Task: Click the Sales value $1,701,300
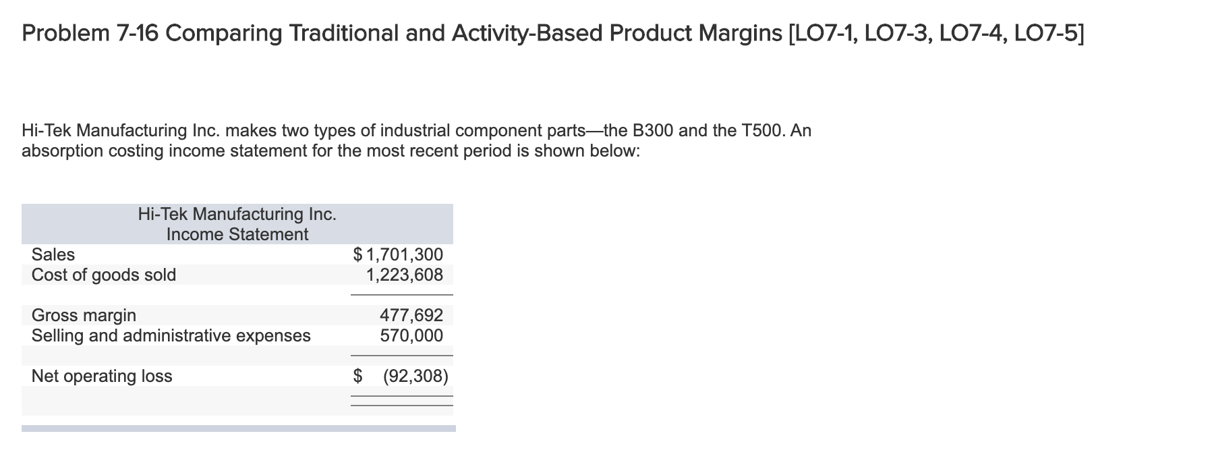(399, 254)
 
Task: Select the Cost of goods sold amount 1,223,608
(404, 275)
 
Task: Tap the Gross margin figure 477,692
(411, 315)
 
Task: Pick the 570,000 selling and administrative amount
(411, 335)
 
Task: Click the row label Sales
(53, 254)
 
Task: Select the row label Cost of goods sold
(104, 275)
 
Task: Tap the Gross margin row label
(84, 315)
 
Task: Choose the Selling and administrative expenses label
(171, 335)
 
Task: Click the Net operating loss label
(102, 376)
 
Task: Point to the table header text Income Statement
(237, 234)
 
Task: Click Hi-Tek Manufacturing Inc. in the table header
(237, 214)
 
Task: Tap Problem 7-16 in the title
(90, 33)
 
